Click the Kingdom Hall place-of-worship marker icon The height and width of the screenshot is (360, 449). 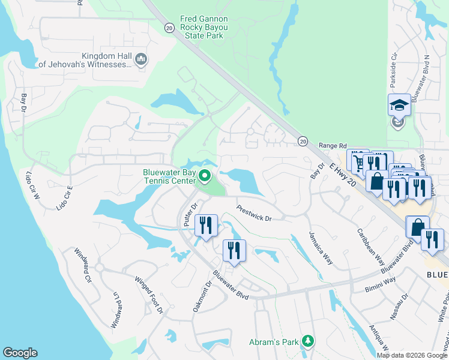pyautogui.click(x=142, y=59)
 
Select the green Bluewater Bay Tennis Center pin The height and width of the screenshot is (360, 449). pyautogui.click(x=205, y=176)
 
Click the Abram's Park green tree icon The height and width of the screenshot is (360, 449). pyautogui.click(x=308, y=342)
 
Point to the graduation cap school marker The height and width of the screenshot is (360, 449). pyautogui.click(x=399, y=106)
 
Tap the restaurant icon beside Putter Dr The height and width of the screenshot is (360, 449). pyautogui.click(x=206, y=226)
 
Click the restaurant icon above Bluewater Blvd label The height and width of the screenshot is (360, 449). pyautogui.click(x=234, y=250)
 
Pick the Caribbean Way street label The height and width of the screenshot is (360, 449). pyautogui.click(x=370, y=247)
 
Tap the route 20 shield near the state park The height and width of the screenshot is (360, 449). pyautogui.click(x=169, y=28)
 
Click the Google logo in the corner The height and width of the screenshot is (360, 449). pyautogui.click(x=20, y=353)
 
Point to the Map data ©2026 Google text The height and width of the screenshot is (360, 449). pyautogui.click(x=412, y=355)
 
